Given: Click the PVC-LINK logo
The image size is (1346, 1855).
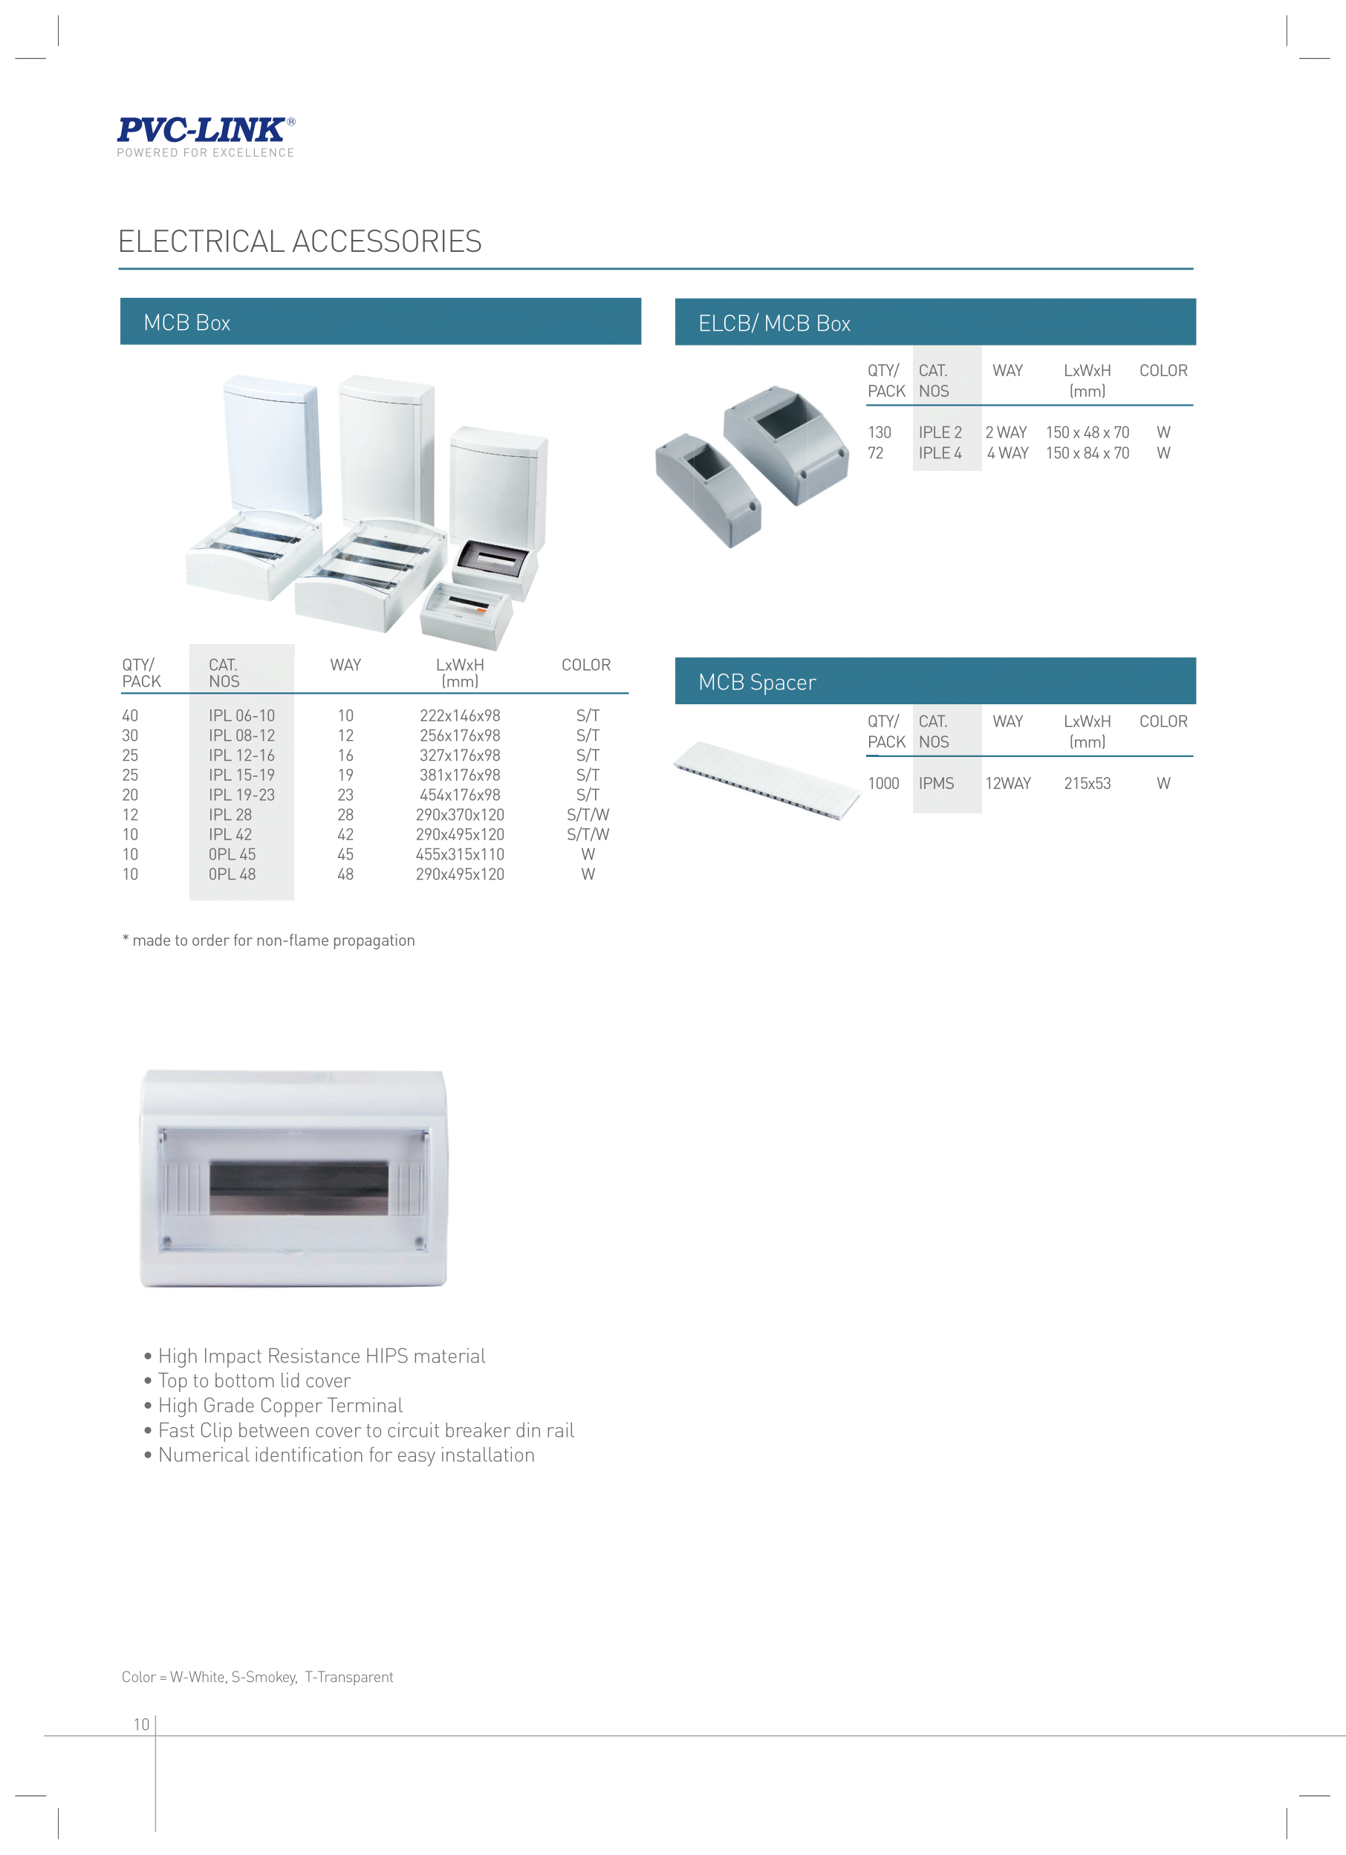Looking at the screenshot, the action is (205, 136).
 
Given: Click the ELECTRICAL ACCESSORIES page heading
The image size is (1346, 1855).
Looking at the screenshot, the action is (300, 241).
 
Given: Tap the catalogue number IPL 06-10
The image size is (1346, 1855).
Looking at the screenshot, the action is (241, 715).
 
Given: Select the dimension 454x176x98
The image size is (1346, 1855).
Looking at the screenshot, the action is (460, 795).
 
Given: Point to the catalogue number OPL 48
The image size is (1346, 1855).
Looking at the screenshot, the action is (233, 874).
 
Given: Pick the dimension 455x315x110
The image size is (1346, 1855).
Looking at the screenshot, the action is (460, 855).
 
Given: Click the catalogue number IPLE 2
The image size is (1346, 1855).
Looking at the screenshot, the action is (940, 432).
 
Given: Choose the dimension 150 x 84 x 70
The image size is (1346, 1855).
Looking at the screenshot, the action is (1087, 453).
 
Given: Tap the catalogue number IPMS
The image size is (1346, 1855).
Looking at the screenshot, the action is (936, 784).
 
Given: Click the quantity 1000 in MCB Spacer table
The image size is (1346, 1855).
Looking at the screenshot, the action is (883, 784).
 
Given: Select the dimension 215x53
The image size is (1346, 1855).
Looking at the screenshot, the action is (1087, 784).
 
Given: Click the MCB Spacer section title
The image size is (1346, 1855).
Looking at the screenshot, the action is (757, 682).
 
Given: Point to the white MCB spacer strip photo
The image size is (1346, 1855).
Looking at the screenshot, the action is (766, 778).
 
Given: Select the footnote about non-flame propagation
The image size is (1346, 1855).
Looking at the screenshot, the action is (268, 941).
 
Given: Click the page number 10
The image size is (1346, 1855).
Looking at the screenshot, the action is (141, 1724).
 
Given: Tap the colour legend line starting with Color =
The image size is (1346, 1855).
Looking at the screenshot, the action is (258, 1677).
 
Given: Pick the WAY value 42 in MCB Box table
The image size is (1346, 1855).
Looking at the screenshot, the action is (346, 835).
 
